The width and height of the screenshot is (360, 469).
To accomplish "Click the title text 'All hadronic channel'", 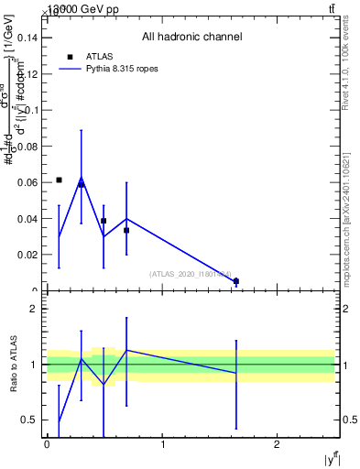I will click(191, 38).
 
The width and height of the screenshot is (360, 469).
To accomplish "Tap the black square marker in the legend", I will click(71, 57).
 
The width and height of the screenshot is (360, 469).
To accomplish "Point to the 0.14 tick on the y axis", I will click(29, 38).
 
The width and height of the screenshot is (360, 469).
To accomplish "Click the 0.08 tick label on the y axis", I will click(29, 146).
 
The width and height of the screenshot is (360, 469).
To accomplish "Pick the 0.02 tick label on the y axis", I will click(29, 255).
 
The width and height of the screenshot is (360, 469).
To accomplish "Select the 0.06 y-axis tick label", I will click(29, 182).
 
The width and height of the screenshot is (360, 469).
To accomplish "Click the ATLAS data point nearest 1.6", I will click(236, 281).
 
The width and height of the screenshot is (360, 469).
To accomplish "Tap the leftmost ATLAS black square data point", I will click(59, 180).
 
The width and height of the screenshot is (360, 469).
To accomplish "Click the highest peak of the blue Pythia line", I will click(81, 180).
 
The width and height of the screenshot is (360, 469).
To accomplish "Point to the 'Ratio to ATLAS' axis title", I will click(13, 365).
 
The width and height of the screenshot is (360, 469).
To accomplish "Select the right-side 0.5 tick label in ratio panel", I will click(349, 420).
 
